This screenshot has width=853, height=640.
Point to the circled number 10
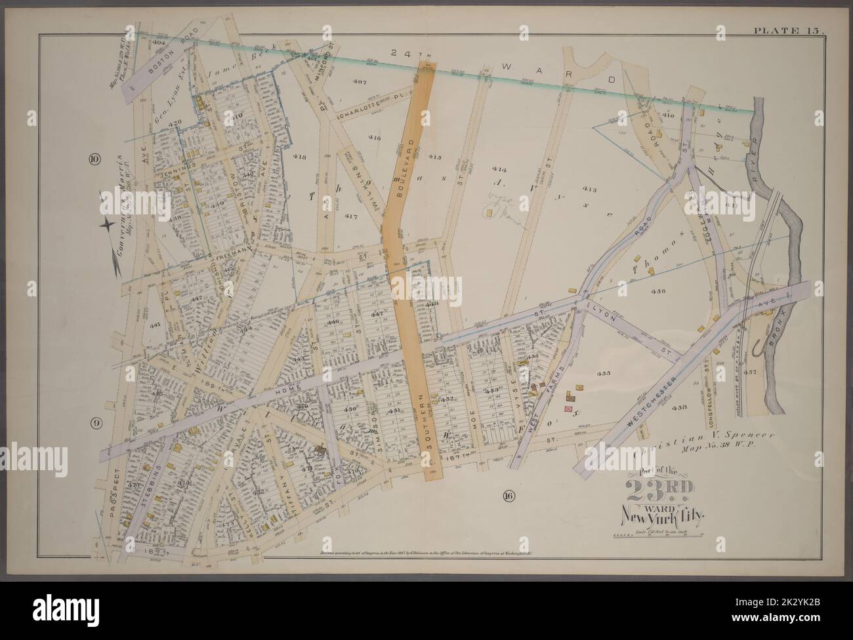pyautogui.click(x=94, y=159)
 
